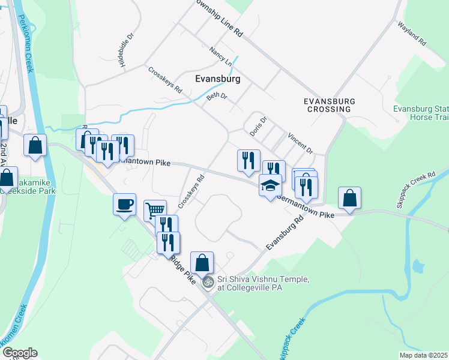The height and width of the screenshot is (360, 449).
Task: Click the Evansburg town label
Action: (x=218, y=79)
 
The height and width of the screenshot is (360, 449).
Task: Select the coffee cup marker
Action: (x=124, y=205)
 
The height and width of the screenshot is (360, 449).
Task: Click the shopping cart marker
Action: (x=155, y=210)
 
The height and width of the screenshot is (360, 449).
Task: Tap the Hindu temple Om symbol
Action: (x=208, y=281)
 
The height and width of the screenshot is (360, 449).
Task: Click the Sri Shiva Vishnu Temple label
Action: (x=263, y=283)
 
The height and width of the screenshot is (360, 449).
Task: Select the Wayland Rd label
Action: (x=412, y=35)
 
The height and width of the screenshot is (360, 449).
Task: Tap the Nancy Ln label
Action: (x=221, y=56)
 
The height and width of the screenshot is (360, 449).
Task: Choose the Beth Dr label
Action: (x=217, y=96)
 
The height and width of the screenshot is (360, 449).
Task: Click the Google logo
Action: (x=20, y=353)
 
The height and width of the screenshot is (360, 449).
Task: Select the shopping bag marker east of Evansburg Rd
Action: (x=349, y=199)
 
